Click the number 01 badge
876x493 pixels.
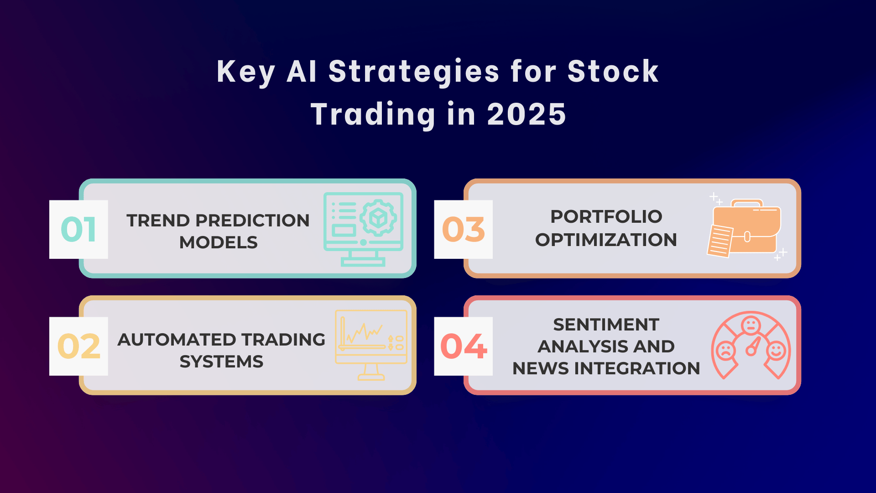pos(78,229)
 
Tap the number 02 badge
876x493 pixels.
pos(78,346)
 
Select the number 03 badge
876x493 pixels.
pos(464,229)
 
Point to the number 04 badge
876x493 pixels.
pos(464,346)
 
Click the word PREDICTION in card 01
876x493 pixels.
pos(252,220)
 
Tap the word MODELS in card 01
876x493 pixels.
pos(219,242)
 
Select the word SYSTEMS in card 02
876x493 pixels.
pos(221,362)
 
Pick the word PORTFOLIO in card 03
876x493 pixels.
pos(606,216)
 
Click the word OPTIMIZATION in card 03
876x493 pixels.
pos(606,240)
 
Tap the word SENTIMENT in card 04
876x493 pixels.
pos(606,325)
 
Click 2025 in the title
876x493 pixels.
pos(527,114)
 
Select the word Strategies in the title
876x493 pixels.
pos(414,72)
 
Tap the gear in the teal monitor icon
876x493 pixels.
pos(378,218)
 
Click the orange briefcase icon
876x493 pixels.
pos(746,227)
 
